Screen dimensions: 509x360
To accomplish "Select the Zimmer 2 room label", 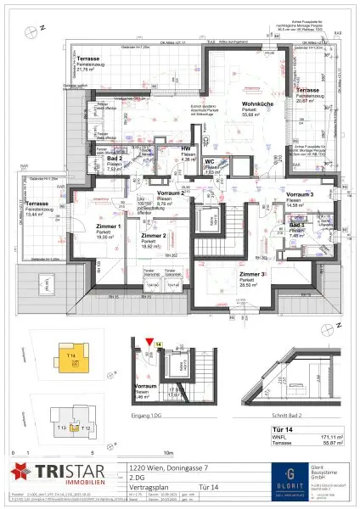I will pos(153,235).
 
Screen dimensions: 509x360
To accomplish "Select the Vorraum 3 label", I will pos(299,194).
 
